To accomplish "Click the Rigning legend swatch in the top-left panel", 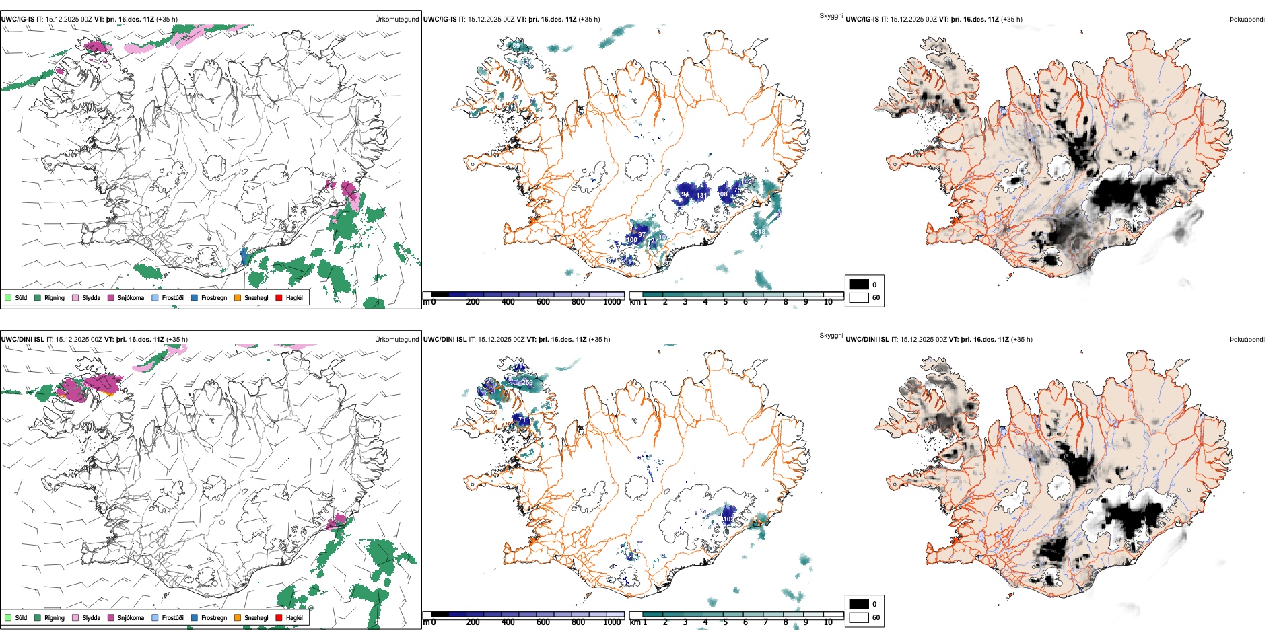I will pos(38,297).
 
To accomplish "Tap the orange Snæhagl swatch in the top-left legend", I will pos(238,297).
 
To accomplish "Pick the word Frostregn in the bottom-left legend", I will pos(214,617).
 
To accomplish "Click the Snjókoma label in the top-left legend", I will pos(131,297).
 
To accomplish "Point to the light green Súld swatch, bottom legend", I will pos(8,617).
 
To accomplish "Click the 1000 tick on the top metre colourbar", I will pos(612,302).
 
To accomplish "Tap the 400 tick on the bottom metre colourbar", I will pos(508,622).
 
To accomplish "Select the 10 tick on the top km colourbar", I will pos(828,302).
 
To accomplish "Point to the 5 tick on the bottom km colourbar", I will pos(726,622).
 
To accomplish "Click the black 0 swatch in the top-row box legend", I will pos(859,285).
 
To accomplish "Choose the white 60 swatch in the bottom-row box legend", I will pos(859,617).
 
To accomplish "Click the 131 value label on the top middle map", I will pos(702,196).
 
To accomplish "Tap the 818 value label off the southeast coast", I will pos(759,232).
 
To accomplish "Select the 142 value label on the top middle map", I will pos(749,182).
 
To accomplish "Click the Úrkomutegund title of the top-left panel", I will pos(396,20).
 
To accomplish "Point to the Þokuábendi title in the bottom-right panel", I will pos(1247,340).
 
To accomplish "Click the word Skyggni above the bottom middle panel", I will pos(831,336).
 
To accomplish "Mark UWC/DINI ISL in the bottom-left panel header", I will pos(22,340).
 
